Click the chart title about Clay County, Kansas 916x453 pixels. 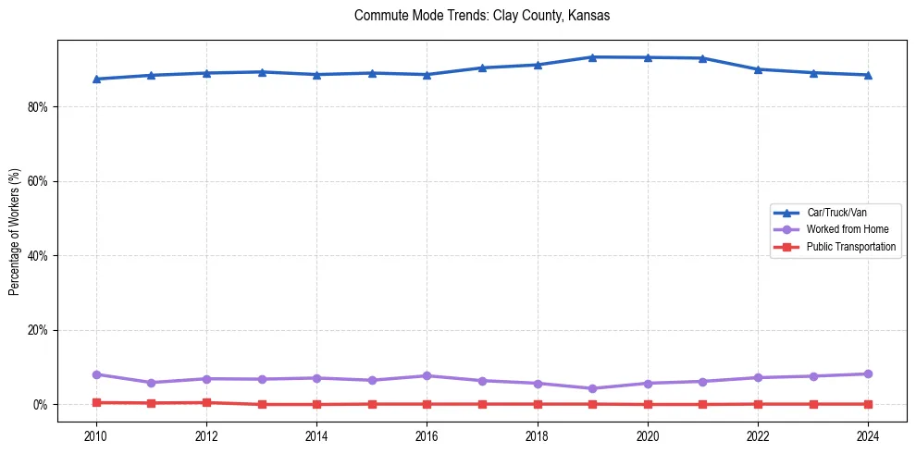[x=482, y=16]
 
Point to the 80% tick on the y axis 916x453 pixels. [x=38, y=107]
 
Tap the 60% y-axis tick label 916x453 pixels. [x=38, y=181]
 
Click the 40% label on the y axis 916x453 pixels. [x=38, y=256]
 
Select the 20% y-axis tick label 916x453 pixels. [x=38, y=330]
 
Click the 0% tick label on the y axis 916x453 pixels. [x=41, y=405]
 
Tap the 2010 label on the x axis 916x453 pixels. [x=96, y=435]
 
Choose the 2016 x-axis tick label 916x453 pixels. [x=427, y=435]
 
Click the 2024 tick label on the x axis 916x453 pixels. [x=868, y=435]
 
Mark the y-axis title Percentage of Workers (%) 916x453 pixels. [x=15, y=231]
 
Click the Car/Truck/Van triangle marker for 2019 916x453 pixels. [x=592, y=57]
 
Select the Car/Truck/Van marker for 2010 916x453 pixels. [x=96, y=79]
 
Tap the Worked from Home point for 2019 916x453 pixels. [x=592, y=388]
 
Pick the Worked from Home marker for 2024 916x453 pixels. [x=868, y=374]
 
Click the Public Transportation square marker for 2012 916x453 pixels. [x=206, y=402]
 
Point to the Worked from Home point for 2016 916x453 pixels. [x=427, y=376]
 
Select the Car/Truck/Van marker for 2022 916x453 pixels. [x=758, y=69]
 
